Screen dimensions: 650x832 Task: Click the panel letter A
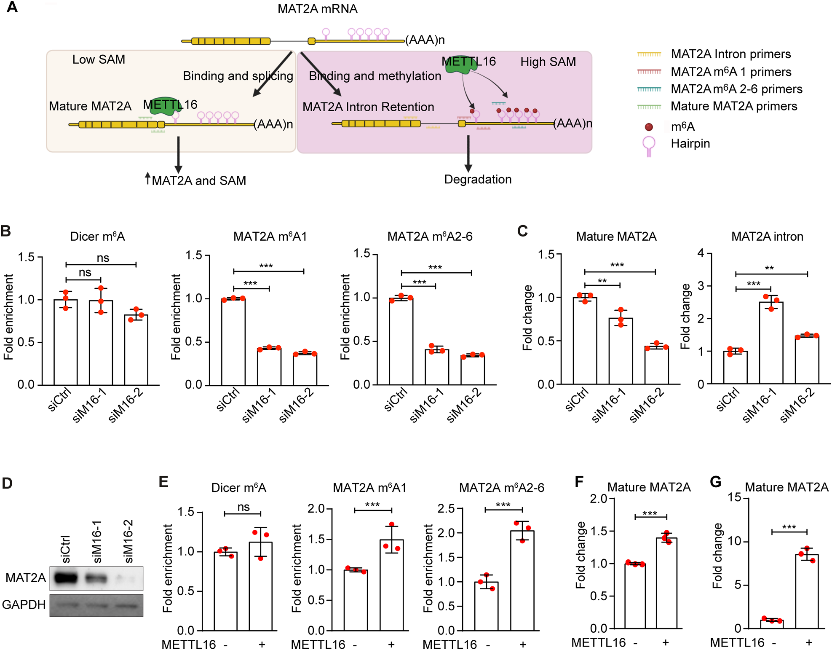(x=12, y=7)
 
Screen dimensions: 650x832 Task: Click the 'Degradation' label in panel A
(x=477, y=179)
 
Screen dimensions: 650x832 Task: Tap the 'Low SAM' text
(x=99, y=59)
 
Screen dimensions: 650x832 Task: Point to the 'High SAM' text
(x=548, y=62)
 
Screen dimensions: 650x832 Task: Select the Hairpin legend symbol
(x=649, y=146)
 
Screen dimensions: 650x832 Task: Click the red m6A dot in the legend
(x=649, y=127)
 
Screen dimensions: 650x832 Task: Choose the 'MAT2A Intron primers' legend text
(x=730, y=54)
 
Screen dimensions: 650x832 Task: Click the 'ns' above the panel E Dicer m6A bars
(x=243, y=507)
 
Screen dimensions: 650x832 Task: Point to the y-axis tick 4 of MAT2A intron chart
(x=701, y=253)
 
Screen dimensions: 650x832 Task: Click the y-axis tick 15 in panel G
(x=734, y=497)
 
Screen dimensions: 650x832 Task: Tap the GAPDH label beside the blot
(x=24, y=604)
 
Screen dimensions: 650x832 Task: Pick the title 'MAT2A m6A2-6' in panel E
(x=501, y=488)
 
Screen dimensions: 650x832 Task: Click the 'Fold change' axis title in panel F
(x=581, y=555)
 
